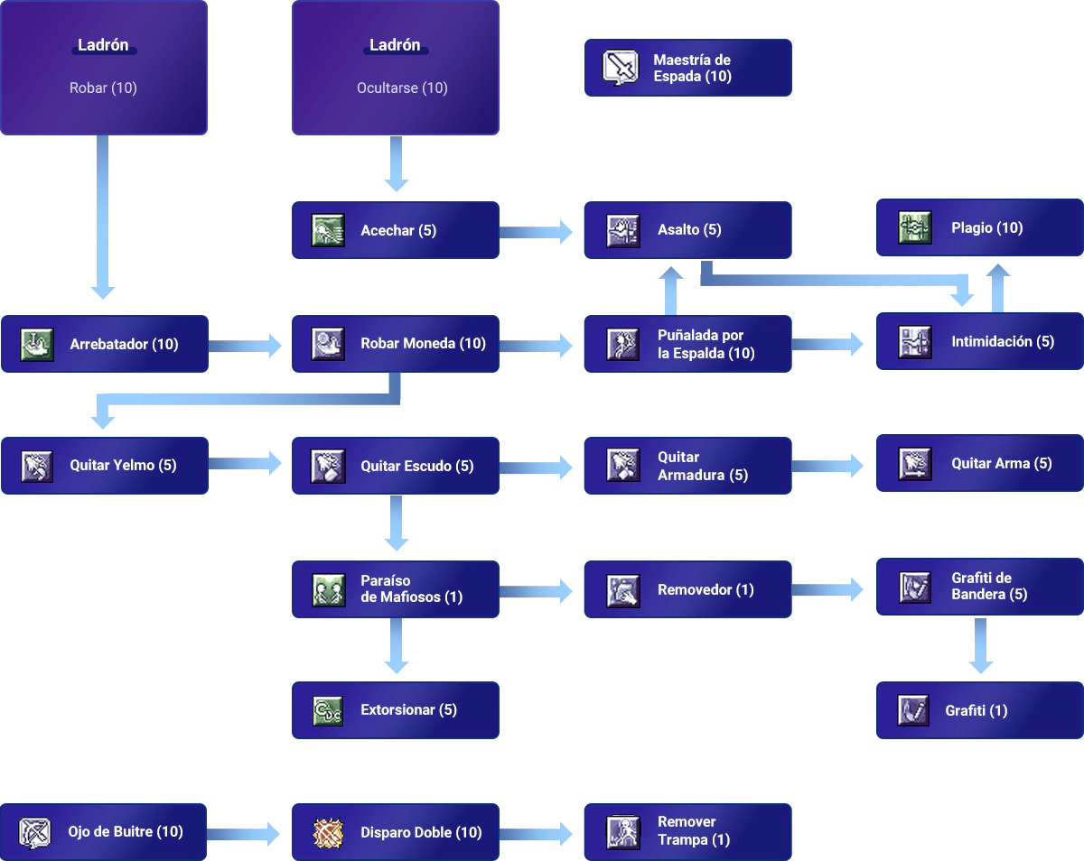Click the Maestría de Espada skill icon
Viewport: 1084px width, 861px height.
point(621,68)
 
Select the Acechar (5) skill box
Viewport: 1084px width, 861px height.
point(396,230)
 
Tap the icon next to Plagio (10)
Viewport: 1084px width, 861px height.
point(915,228)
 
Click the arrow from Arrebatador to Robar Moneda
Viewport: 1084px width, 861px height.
point(245,346)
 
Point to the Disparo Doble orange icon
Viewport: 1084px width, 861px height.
point(328,833)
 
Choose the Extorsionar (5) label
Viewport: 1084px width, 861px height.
point(408,710)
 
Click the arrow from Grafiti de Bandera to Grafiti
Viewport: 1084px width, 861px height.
point(980,645)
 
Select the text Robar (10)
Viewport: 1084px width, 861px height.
point(103,88)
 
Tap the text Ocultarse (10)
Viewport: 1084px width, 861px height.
point(402,88)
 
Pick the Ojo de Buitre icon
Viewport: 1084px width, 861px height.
point(34,832)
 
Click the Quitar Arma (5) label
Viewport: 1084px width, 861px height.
point(1002,464)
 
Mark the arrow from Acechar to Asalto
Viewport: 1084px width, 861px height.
point(536,232)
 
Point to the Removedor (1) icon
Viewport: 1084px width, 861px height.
point(622,591)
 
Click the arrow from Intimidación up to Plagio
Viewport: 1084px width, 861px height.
point(998,288)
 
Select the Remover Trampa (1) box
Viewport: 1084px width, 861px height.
point(687,832)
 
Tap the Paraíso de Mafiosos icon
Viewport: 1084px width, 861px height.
point(329,589)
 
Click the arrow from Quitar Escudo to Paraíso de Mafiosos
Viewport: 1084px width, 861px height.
point(397,523)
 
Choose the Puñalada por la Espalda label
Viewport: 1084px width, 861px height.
point(706,344)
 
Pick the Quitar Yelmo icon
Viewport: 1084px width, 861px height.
point(37,466)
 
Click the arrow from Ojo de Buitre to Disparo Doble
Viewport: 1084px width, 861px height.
point(244,834)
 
